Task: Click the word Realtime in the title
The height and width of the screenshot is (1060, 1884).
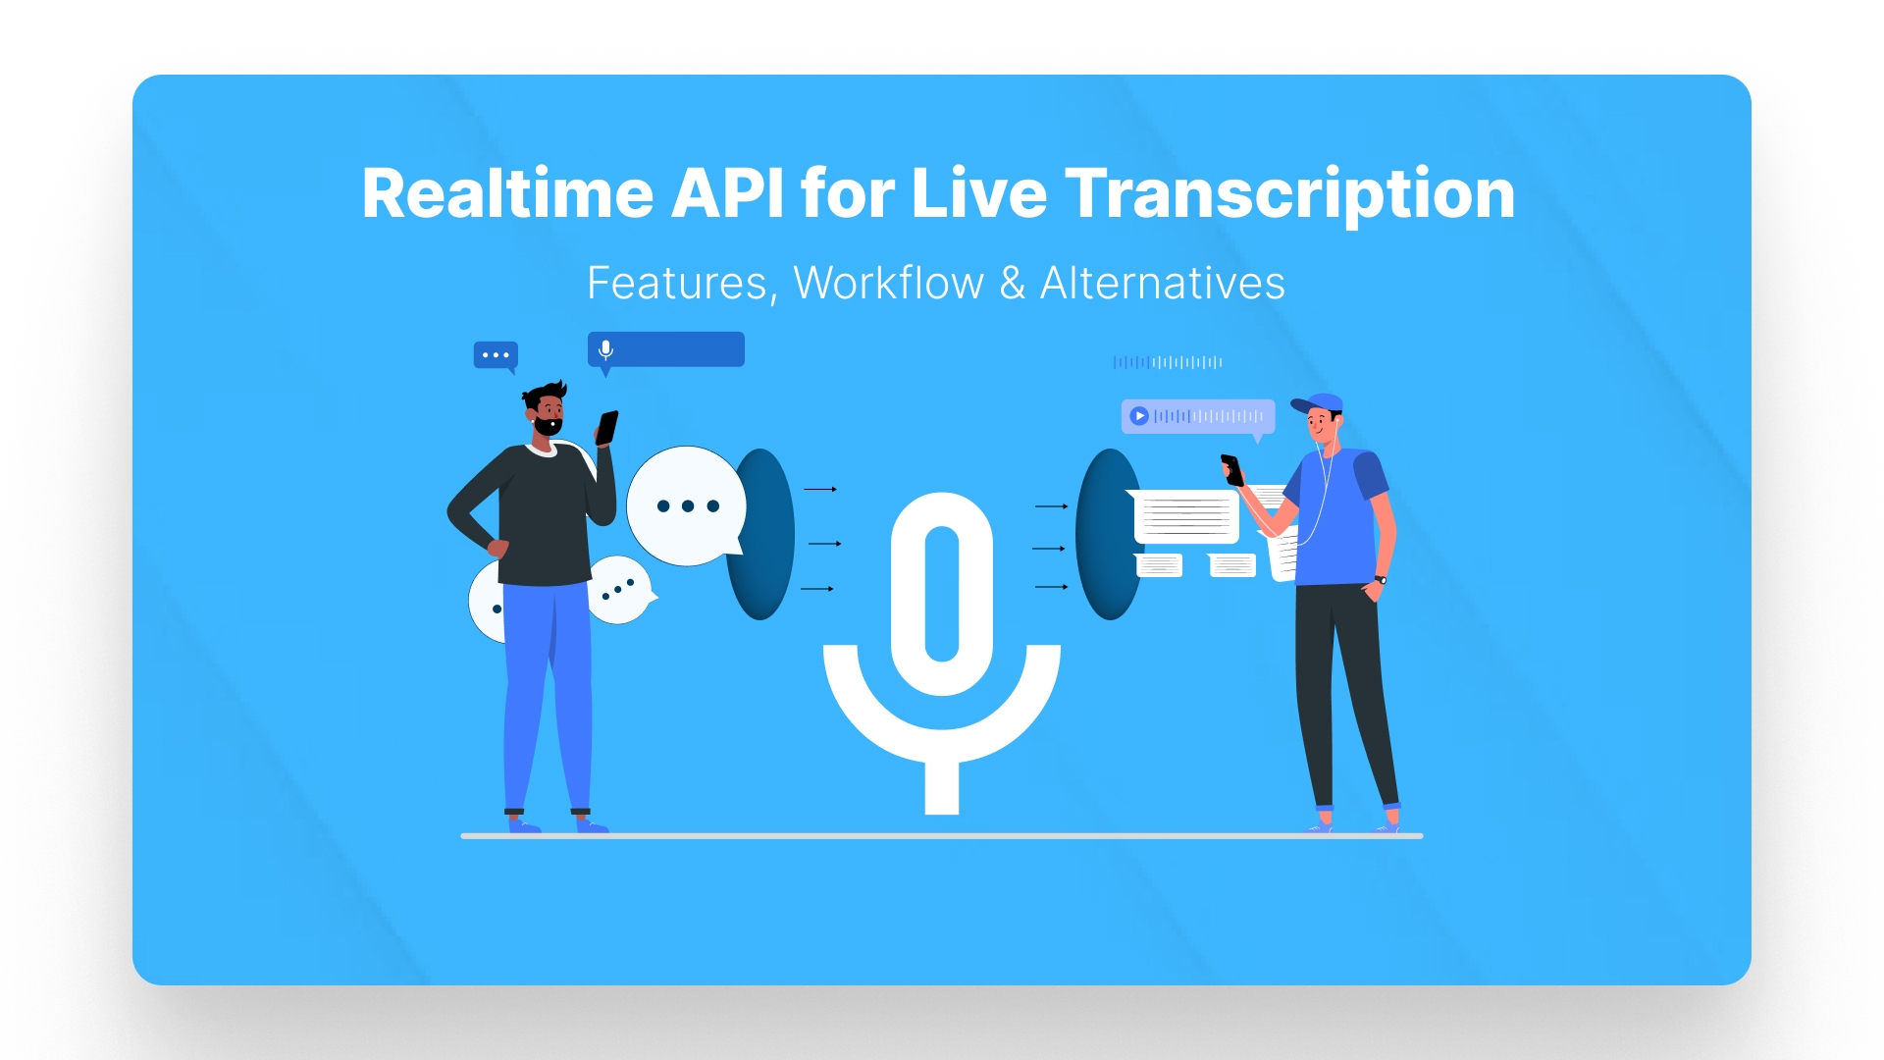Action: (507, 193)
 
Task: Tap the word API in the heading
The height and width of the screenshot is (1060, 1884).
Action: (727, 193)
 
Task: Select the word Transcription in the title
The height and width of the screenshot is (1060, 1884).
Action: (1289, 193)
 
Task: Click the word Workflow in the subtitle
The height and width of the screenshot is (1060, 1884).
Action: (888, 284)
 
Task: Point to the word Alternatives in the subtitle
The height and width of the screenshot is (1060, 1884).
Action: (1162, 284)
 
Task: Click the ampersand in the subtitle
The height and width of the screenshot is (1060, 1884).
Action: (1013, 284)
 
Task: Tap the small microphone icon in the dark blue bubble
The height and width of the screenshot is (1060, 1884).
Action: (605, 349)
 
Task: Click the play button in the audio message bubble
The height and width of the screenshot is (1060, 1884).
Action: (1138, 416)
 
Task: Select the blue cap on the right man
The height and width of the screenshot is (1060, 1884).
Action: (1318, 402)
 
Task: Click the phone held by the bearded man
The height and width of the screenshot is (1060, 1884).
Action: (607, 427)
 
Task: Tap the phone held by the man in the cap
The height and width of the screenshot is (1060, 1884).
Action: (1232, 469)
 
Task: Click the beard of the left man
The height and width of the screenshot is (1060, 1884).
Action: (548, 426)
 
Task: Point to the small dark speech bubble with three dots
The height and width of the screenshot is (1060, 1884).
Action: (496, 355)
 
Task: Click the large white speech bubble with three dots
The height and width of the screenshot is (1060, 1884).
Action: (686, 506)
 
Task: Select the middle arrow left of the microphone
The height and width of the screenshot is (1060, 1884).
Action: (824, 544)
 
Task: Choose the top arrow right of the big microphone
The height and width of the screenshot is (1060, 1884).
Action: (1051, 506)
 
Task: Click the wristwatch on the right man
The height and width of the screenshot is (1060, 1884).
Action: (1381, 580)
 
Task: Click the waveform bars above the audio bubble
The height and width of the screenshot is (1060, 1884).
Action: (1168, 362)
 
